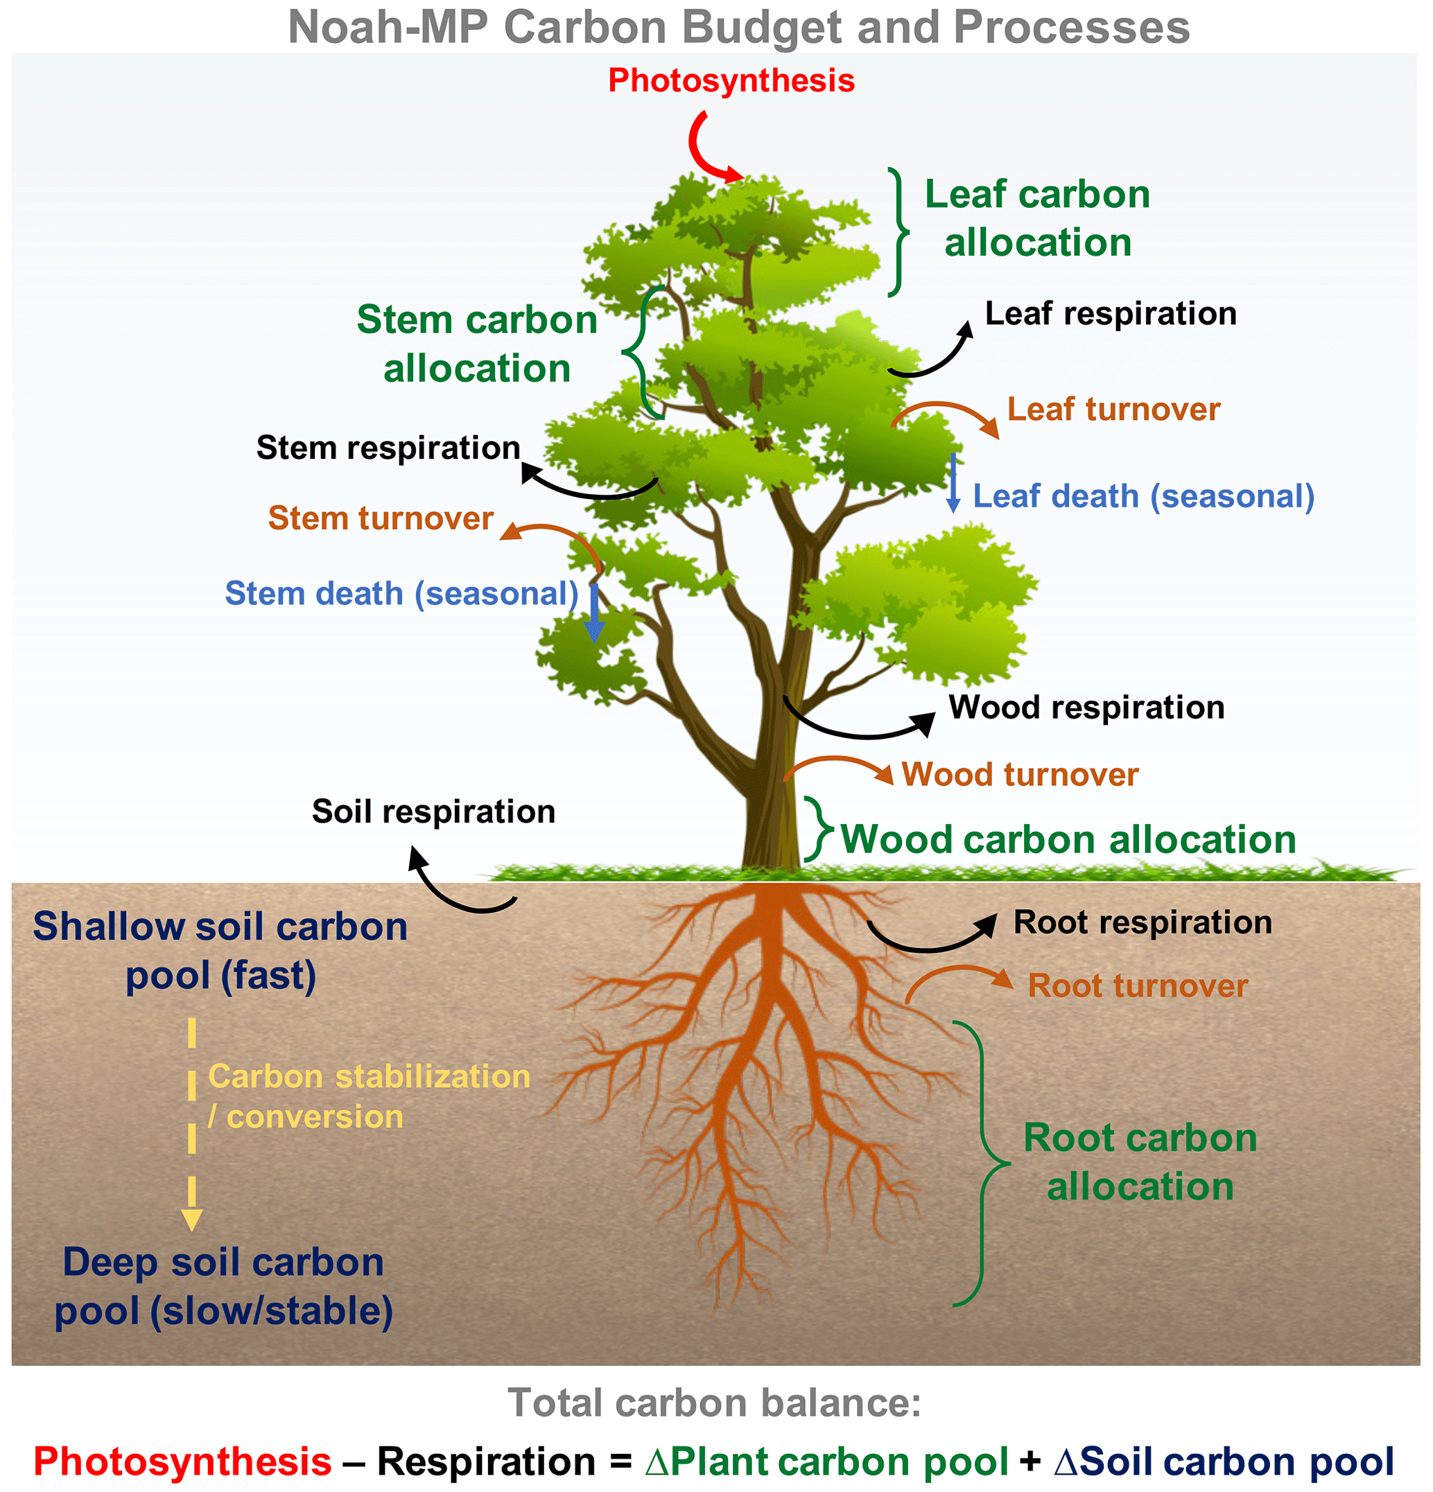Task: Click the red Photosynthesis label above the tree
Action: point(731,80)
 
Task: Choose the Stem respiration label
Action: point(388,448)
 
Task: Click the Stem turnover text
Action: point(381,518)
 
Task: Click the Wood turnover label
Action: point(1020,775)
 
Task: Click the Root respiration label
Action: point(1142,922)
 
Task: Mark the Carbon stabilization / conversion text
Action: point(369,1097)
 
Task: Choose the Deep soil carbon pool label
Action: point(223,1286)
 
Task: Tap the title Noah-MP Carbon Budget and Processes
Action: point(738,28)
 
